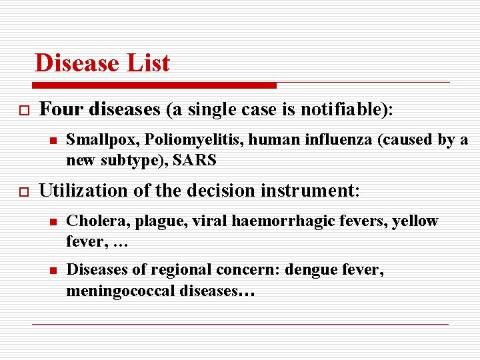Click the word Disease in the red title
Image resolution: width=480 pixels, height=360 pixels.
tap(75, 63)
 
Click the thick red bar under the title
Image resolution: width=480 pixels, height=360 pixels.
tap(153, 85)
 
